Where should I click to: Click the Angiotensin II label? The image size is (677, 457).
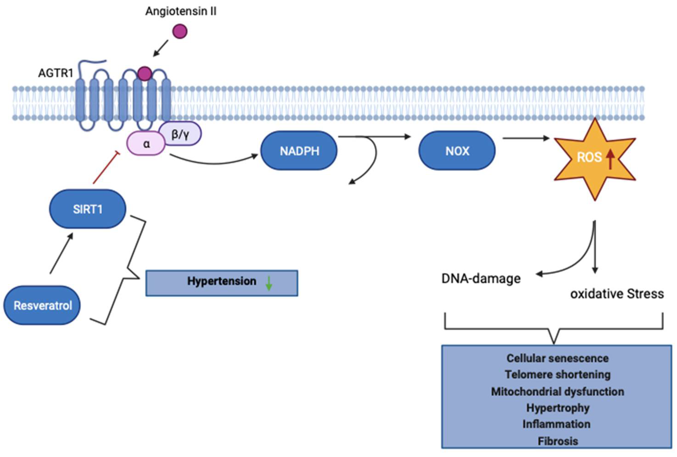coord(181,11)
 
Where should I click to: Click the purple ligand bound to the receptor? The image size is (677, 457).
coord(145,73)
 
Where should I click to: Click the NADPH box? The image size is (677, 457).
coord(299,151)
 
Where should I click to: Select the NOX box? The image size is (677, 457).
coord(457,151)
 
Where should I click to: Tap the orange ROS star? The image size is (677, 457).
coord(594,159)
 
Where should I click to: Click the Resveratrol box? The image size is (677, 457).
coord(42,305)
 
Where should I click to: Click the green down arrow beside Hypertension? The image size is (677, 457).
coord(269,283)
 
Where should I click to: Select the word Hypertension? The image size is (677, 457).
coord(222,281)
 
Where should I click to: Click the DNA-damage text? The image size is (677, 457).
coord(481,279)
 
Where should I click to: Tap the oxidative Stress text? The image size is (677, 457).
coord(617,294)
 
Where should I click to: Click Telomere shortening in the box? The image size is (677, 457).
coord(557,375)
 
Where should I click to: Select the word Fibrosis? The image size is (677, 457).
coord(557,441)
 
